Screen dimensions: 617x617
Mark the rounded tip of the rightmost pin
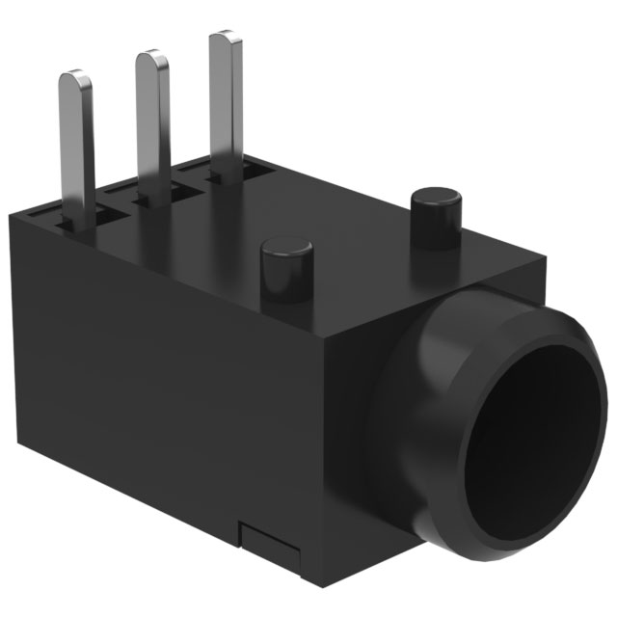pyautogui.click(x=224, y=39)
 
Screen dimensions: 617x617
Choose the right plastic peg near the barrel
pyautogui.click(x=436, y=217)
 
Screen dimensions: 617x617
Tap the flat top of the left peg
pyautogui.click(x=287, y=244)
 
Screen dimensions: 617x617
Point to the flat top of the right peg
pyautogui.click(x=436, y=196)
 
